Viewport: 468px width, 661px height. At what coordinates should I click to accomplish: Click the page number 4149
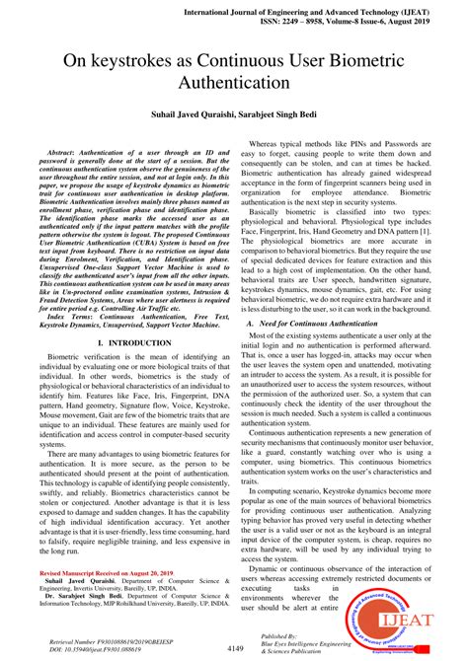click(x=234, y=648)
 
